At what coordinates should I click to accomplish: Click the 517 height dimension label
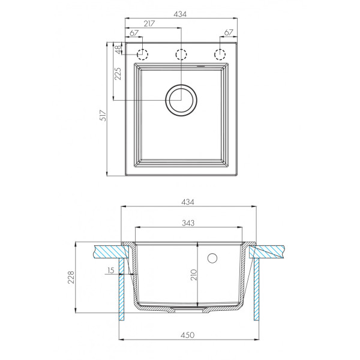(103, 115)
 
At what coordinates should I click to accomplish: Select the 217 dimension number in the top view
(149, 23)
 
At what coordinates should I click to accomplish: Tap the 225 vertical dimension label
(118, 73)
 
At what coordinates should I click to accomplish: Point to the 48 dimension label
(118, 50)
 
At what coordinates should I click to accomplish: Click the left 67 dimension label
(134, 33)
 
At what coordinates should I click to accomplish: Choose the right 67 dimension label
(229, 32)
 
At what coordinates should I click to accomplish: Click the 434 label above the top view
(180, 14)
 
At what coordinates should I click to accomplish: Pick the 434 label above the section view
(188, 202)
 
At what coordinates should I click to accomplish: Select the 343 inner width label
(188, 223)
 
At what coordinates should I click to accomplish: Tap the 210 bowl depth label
(194, 275)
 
